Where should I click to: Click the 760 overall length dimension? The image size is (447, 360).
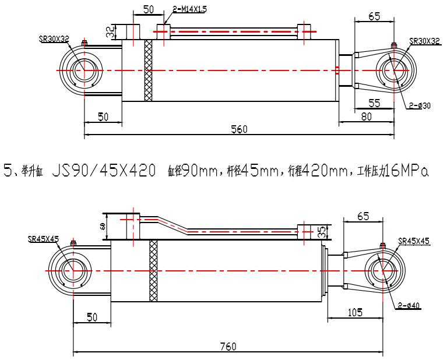coord(228,346)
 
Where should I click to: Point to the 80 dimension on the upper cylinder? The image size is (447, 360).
coord(366,116)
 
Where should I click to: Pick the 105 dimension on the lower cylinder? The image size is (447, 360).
coord(354,312)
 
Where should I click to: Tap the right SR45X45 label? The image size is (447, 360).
coord(414,241)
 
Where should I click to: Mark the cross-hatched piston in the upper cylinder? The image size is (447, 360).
coord(148,70)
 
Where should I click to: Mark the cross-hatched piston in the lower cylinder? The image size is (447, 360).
coord(154,271)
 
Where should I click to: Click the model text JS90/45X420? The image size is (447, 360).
coord(103,172)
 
